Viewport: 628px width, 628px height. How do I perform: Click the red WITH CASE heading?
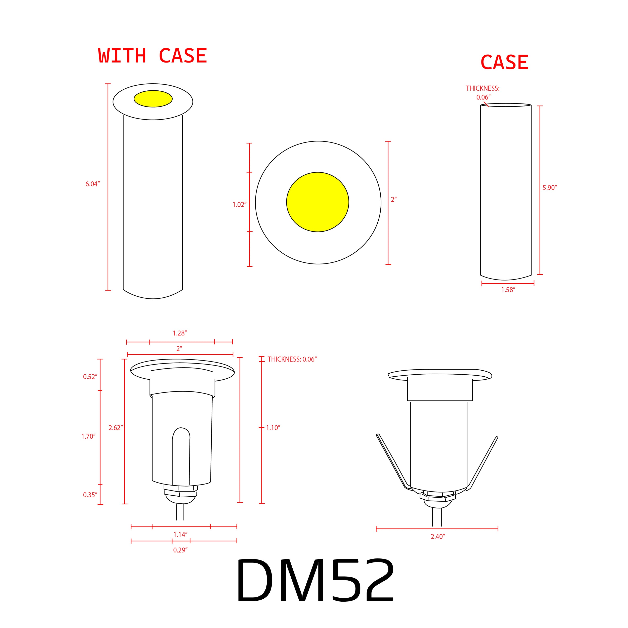(x=153, y=56)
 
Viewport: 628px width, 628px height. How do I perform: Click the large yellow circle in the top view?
(x=318, y=202)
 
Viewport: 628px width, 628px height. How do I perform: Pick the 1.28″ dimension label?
(x=180, y=333)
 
